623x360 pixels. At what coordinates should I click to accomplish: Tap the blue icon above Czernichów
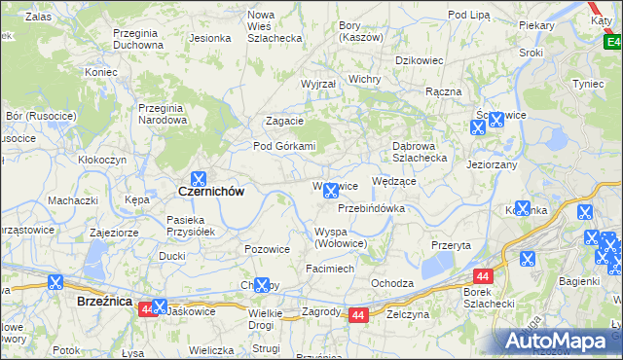coord(198,178)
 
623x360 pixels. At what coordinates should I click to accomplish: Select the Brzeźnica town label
coord(104,302)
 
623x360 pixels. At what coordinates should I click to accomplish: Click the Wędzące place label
coord(394,181)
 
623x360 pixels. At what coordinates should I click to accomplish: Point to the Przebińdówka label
coord(371,208)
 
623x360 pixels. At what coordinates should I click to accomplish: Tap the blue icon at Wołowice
coord(331,191)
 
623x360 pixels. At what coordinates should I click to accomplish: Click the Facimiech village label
coord(330,268)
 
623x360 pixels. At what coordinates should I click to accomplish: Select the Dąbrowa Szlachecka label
coord(419,152)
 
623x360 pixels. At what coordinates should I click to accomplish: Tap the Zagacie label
coord(285,121)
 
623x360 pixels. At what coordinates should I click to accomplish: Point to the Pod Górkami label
coord(285,146)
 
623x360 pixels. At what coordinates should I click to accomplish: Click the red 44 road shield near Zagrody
coord(358,315)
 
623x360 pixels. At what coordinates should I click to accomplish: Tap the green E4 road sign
coord(611,42)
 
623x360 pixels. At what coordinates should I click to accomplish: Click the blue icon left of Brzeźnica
coord(55,283)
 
